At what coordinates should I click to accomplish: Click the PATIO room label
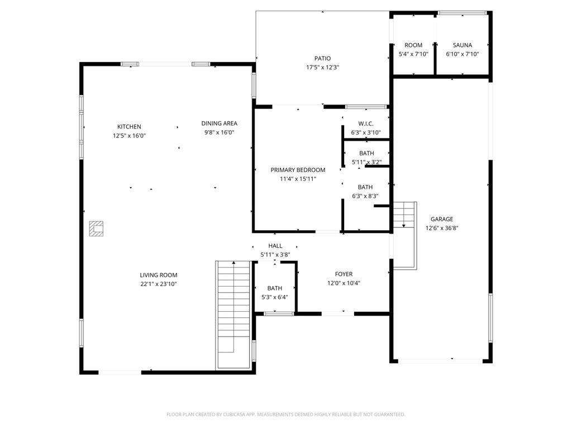point(322,59)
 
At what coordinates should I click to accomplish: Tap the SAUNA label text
point(462,45)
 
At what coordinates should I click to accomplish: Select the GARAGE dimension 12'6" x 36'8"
point(441,228)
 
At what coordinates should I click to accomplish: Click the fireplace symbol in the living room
point(97,228)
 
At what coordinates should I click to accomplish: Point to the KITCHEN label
point(129,127)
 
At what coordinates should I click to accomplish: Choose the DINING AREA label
point(219,123)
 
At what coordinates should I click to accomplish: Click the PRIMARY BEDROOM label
point(298,170)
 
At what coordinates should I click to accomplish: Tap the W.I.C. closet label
point(365,123)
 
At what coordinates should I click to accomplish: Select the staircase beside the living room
point(233,313)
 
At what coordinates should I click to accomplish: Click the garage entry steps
point(404,235)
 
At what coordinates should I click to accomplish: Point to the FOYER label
point(344,274)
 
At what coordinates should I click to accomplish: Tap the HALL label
point(275,246)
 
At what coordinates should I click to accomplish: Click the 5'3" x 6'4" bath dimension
point(274,297)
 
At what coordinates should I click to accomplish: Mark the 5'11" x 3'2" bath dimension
point(366,162)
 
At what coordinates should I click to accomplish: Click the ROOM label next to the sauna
point(413,45)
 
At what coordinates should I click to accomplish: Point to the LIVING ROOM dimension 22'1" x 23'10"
point(159,284)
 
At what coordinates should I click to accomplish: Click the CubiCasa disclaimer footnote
point(285,414)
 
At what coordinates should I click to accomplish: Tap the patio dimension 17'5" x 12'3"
point(322,68)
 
